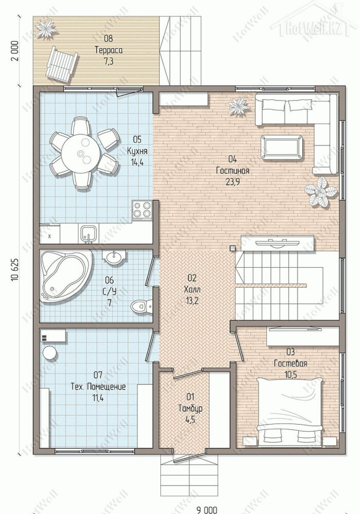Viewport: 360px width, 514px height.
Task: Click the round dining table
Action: click(80, 153)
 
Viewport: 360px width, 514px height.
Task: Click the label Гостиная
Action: click(233, 171)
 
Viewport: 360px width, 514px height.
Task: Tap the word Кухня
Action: click(137, 151)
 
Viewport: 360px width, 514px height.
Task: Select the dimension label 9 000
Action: click(207, 510)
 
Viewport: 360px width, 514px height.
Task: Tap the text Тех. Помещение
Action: click(98, 387)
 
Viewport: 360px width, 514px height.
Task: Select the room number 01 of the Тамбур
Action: click(190, 397)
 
